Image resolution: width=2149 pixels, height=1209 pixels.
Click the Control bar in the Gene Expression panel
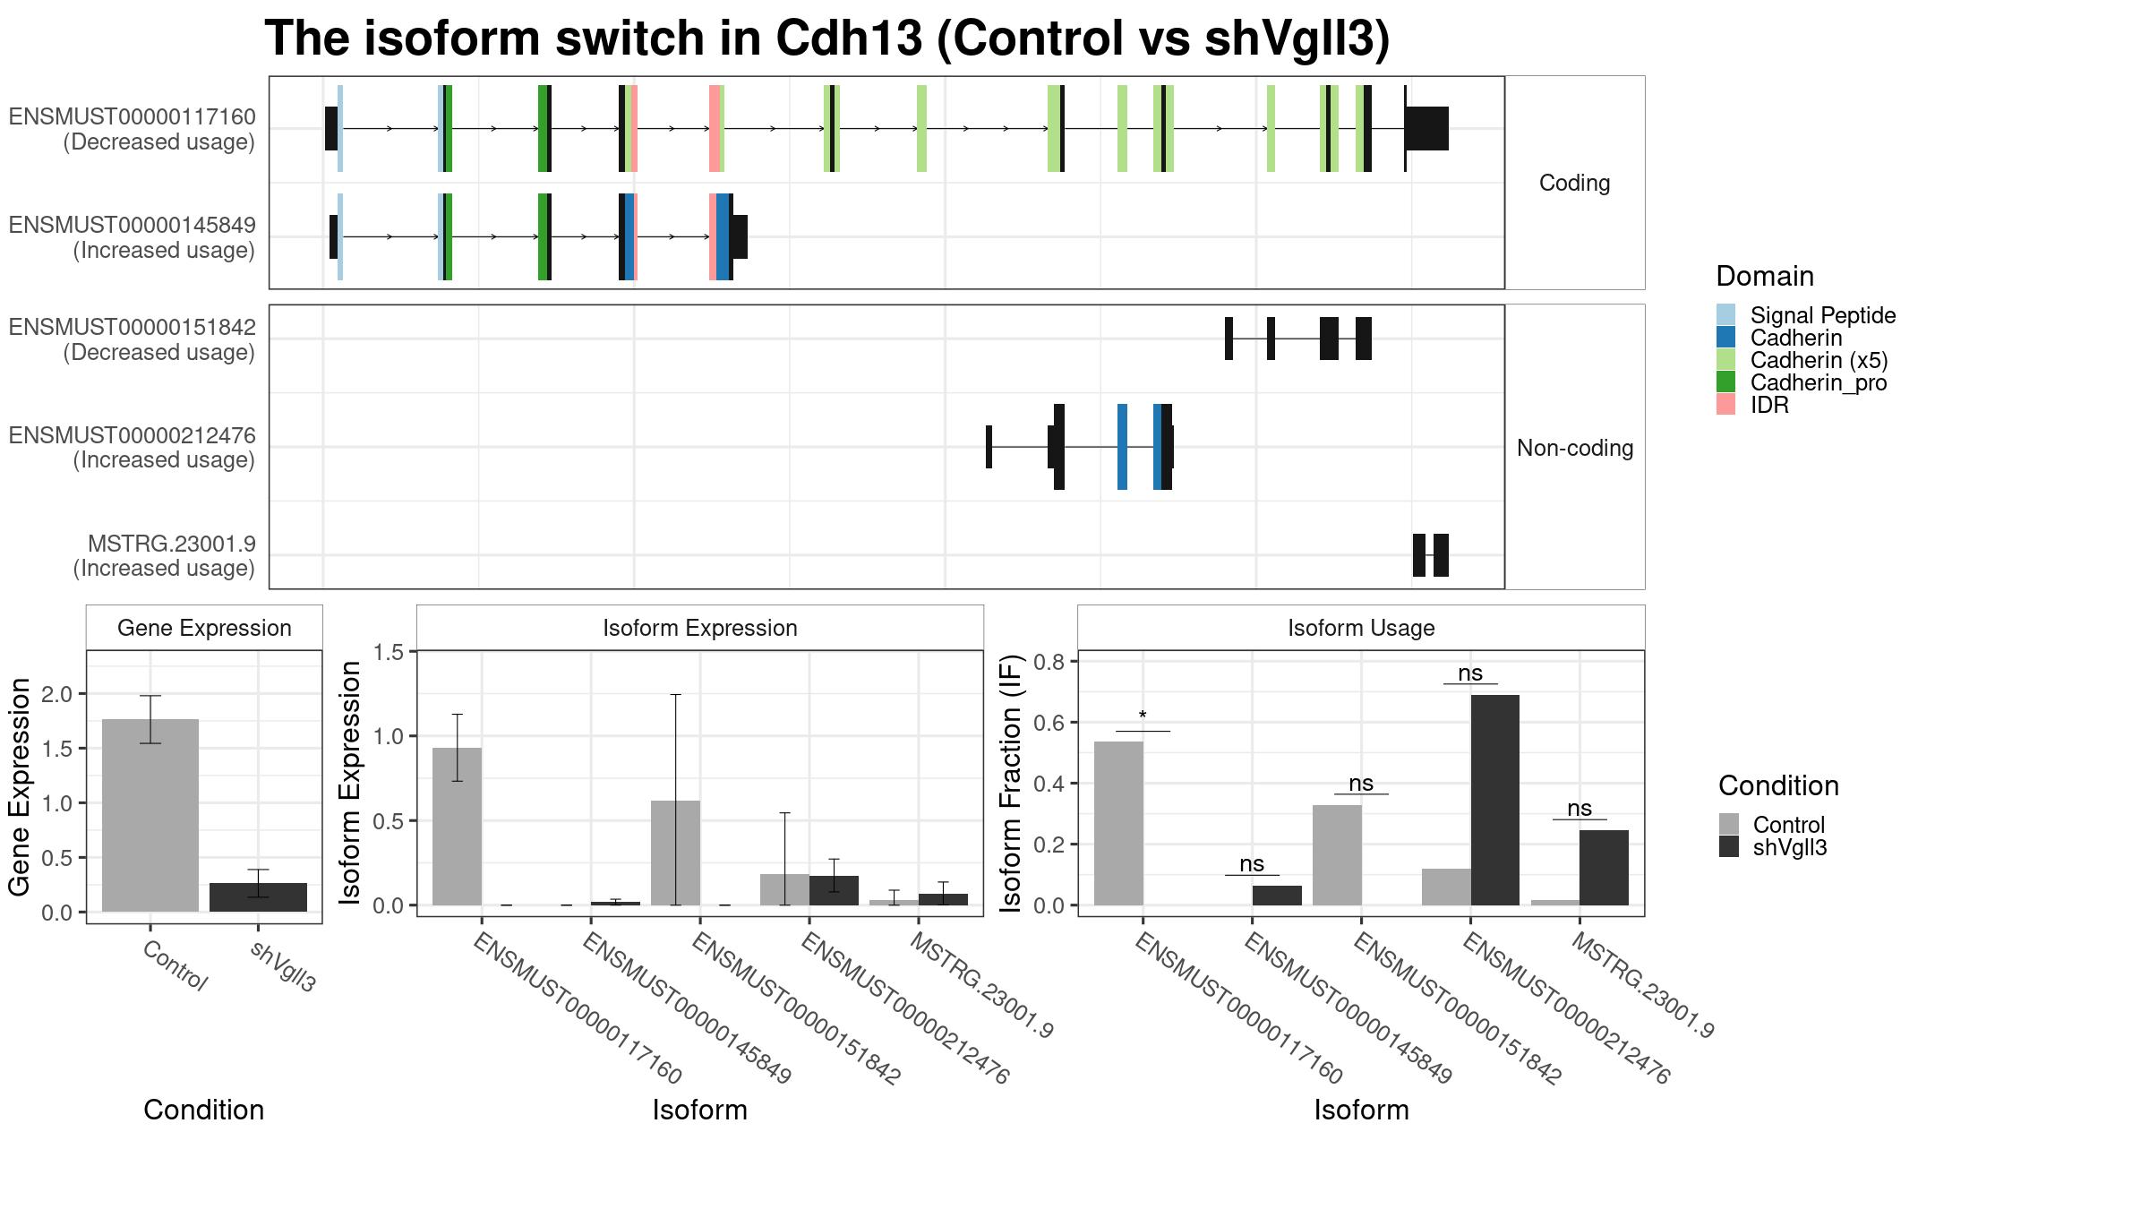tap(150, 815)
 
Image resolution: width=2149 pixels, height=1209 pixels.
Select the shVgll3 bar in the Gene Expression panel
tap(258, 897)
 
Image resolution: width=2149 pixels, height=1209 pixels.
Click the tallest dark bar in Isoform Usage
tap(1495, 800)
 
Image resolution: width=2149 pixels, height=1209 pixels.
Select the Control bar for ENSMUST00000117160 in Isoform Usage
tap(1118, 823)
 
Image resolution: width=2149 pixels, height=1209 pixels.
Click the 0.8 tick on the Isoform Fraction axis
tap(1049, 662)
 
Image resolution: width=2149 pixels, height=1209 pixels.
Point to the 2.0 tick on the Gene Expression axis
tap(58, 694)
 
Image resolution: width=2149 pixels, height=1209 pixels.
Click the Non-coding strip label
tap(1575, 448)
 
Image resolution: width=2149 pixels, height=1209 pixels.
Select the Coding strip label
tap(1575, 183)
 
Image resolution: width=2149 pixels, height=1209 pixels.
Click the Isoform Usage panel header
tap(1361, 628)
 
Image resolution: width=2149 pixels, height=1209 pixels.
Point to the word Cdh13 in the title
tap(849, 39)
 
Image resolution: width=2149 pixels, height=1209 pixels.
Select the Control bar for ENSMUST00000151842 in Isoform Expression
tap(675, 853)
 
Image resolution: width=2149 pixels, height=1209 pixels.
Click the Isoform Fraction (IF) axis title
tap(1012, 784)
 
